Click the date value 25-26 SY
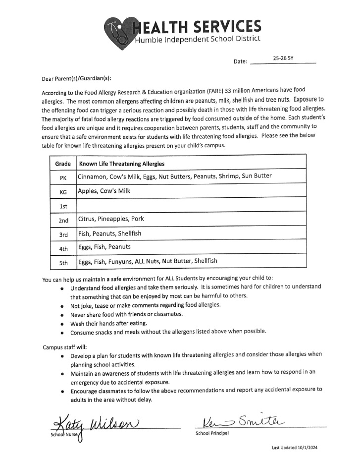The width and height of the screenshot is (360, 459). coord(283,58)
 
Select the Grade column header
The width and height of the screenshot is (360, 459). coord(63,164)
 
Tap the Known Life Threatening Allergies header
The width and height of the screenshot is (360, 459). coord(122,164)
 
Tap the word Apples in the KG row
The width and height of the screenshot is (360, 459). coord(88,191)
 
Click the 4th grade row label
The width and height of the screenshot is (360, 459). coord(63,248)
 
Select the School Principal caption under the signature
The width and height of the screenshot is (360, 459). coord(212,433)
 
